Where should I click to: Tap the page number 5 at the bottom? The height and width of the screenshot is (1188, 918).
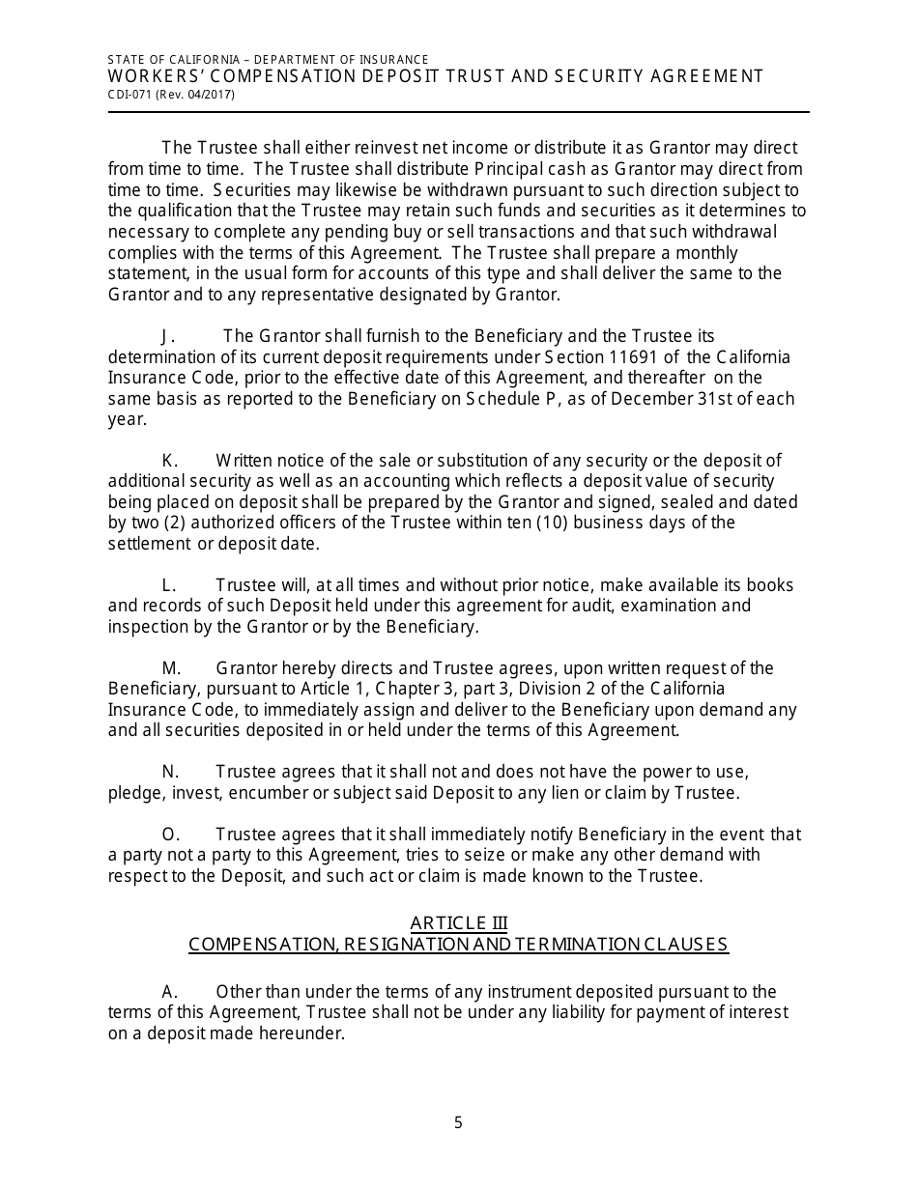(458, 1122)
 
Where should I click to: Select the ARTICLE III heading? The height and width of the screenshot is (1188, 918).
(458, 922)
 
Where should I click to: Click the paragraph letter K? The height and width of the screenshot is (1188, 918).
(170, 461)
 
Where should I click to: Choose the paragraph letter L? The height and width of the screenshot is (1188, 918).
(168, 585)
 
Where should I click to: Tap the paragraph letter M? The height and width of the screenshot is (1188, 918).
(171, 668)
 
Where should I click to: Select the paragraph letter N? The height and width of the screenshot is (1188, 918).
(170, 772)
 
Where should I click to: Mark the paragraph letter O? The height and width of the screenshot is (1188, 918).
(170, 834)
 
